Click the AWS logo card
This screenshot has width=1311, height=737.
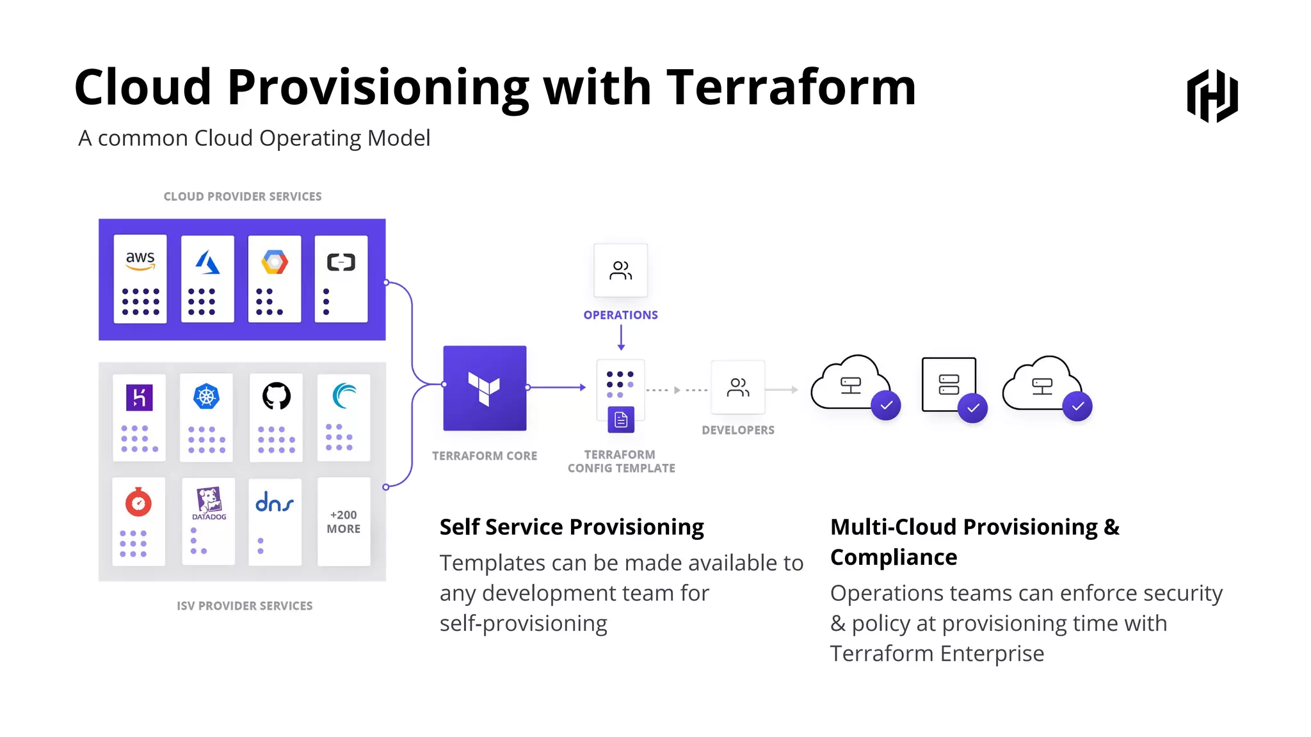point(140,278)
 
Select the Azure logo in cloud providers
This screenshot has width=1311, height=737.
point(207,262)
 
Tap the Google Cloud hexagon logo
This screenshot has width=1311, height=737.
point(275,262)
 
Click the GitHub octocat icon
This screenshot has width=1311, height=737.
point(277,397)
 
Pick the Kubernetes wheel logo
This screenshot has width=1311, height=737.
point(206,397)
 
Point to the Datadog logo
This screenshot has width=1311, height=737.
point(209,503)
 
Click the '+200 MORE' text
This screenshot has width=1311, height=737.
point(344,522)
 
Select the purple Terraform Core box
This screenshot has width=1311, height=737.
point(485,388)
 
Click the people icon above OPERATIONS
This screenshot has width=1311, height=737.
point(620,270)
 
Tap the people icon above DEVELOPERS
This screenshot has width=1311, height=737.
point(738,387)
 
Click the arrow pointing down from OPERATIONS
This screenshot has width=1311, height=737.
point(621,338)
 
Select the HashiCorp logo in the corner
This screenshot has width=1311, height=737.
point(1212,96)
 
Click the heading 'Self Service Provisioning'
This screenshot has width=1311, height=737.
point(572,527)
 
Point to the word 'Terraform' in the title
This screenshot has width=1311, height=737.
point(791,87)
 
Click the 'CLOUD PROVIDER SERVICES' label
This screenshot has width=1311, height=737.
point(243,196)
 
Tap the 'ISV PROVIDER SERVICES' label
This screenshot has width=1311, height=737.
point(245,606)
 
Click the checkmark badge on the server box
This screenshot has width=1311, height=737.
point(972,408)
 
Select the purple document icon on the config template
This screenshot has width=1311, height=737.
point(621,420)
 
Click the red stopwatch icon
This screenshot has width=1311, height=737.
point(138,503)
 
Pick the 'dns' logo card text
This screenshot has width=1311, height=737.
point(275,502)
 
